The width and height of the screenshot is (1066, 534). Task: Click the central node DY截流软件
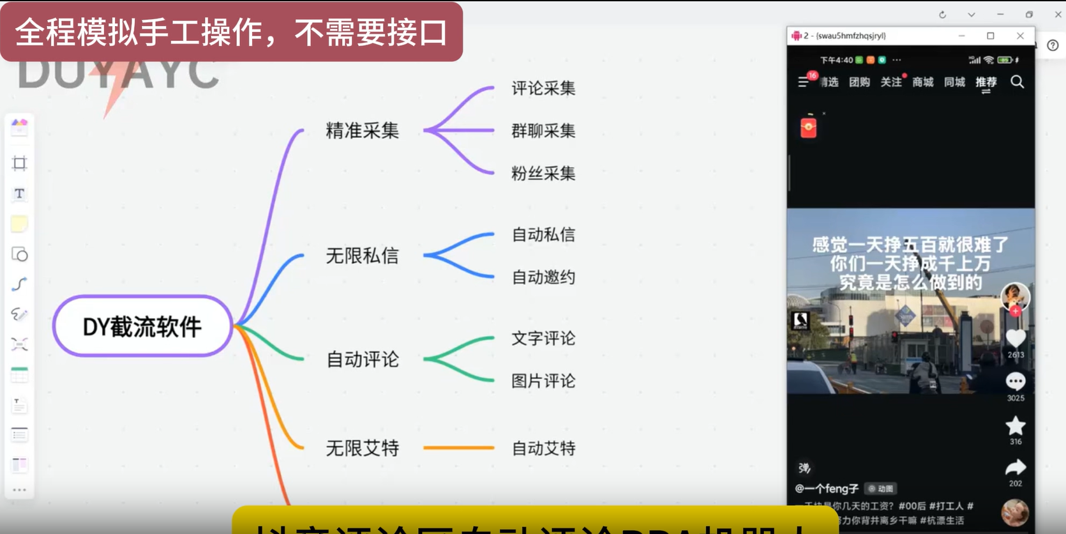[142, 326]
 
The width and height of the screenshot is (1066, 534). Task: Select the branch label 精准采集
[362, 130]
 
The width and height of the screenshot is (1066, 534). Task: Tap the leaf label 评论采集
[543, 88]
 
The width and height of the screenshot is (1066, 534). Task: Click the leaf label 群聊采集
[543, 131]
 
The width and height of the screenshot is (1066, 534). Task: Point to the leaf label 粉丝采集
[543, 173]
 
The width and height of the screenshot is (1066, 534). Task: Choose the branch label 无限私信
[362, 256]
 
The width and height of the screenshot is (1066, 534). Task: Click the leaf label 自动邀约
[543, 277]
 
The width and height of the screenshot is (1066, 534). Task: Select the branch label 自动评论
[362, 360]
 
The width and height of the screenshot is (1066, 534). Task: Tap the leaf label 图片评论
[543, 381]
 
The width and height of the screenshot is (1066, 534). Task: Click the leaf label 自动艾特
[543, 448]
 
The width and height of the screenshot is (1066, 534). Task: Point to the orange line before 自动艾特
[458, 448]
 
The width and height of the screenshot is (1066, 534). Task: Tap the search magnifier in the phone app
[1017, 82]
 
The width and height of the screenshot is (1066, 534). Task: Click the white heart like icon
[1015, 338]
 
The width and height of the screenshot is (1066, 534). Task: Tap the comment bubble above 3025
[1015, 381]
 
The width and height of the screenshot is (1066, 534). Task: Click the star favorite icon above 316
[1015, 425]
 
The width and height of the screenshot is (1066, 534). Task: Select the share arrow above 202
[1015, 468]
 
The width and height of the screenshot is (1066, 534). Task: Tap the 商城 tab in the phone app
[922, 82]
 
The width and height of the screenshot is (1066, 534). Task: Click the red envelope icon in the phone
[808, 127]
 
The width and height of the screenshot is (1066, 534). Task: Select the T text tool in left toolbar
[19, 194]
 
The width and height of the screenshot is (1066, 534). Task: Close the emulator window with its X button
[1020, 36]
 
